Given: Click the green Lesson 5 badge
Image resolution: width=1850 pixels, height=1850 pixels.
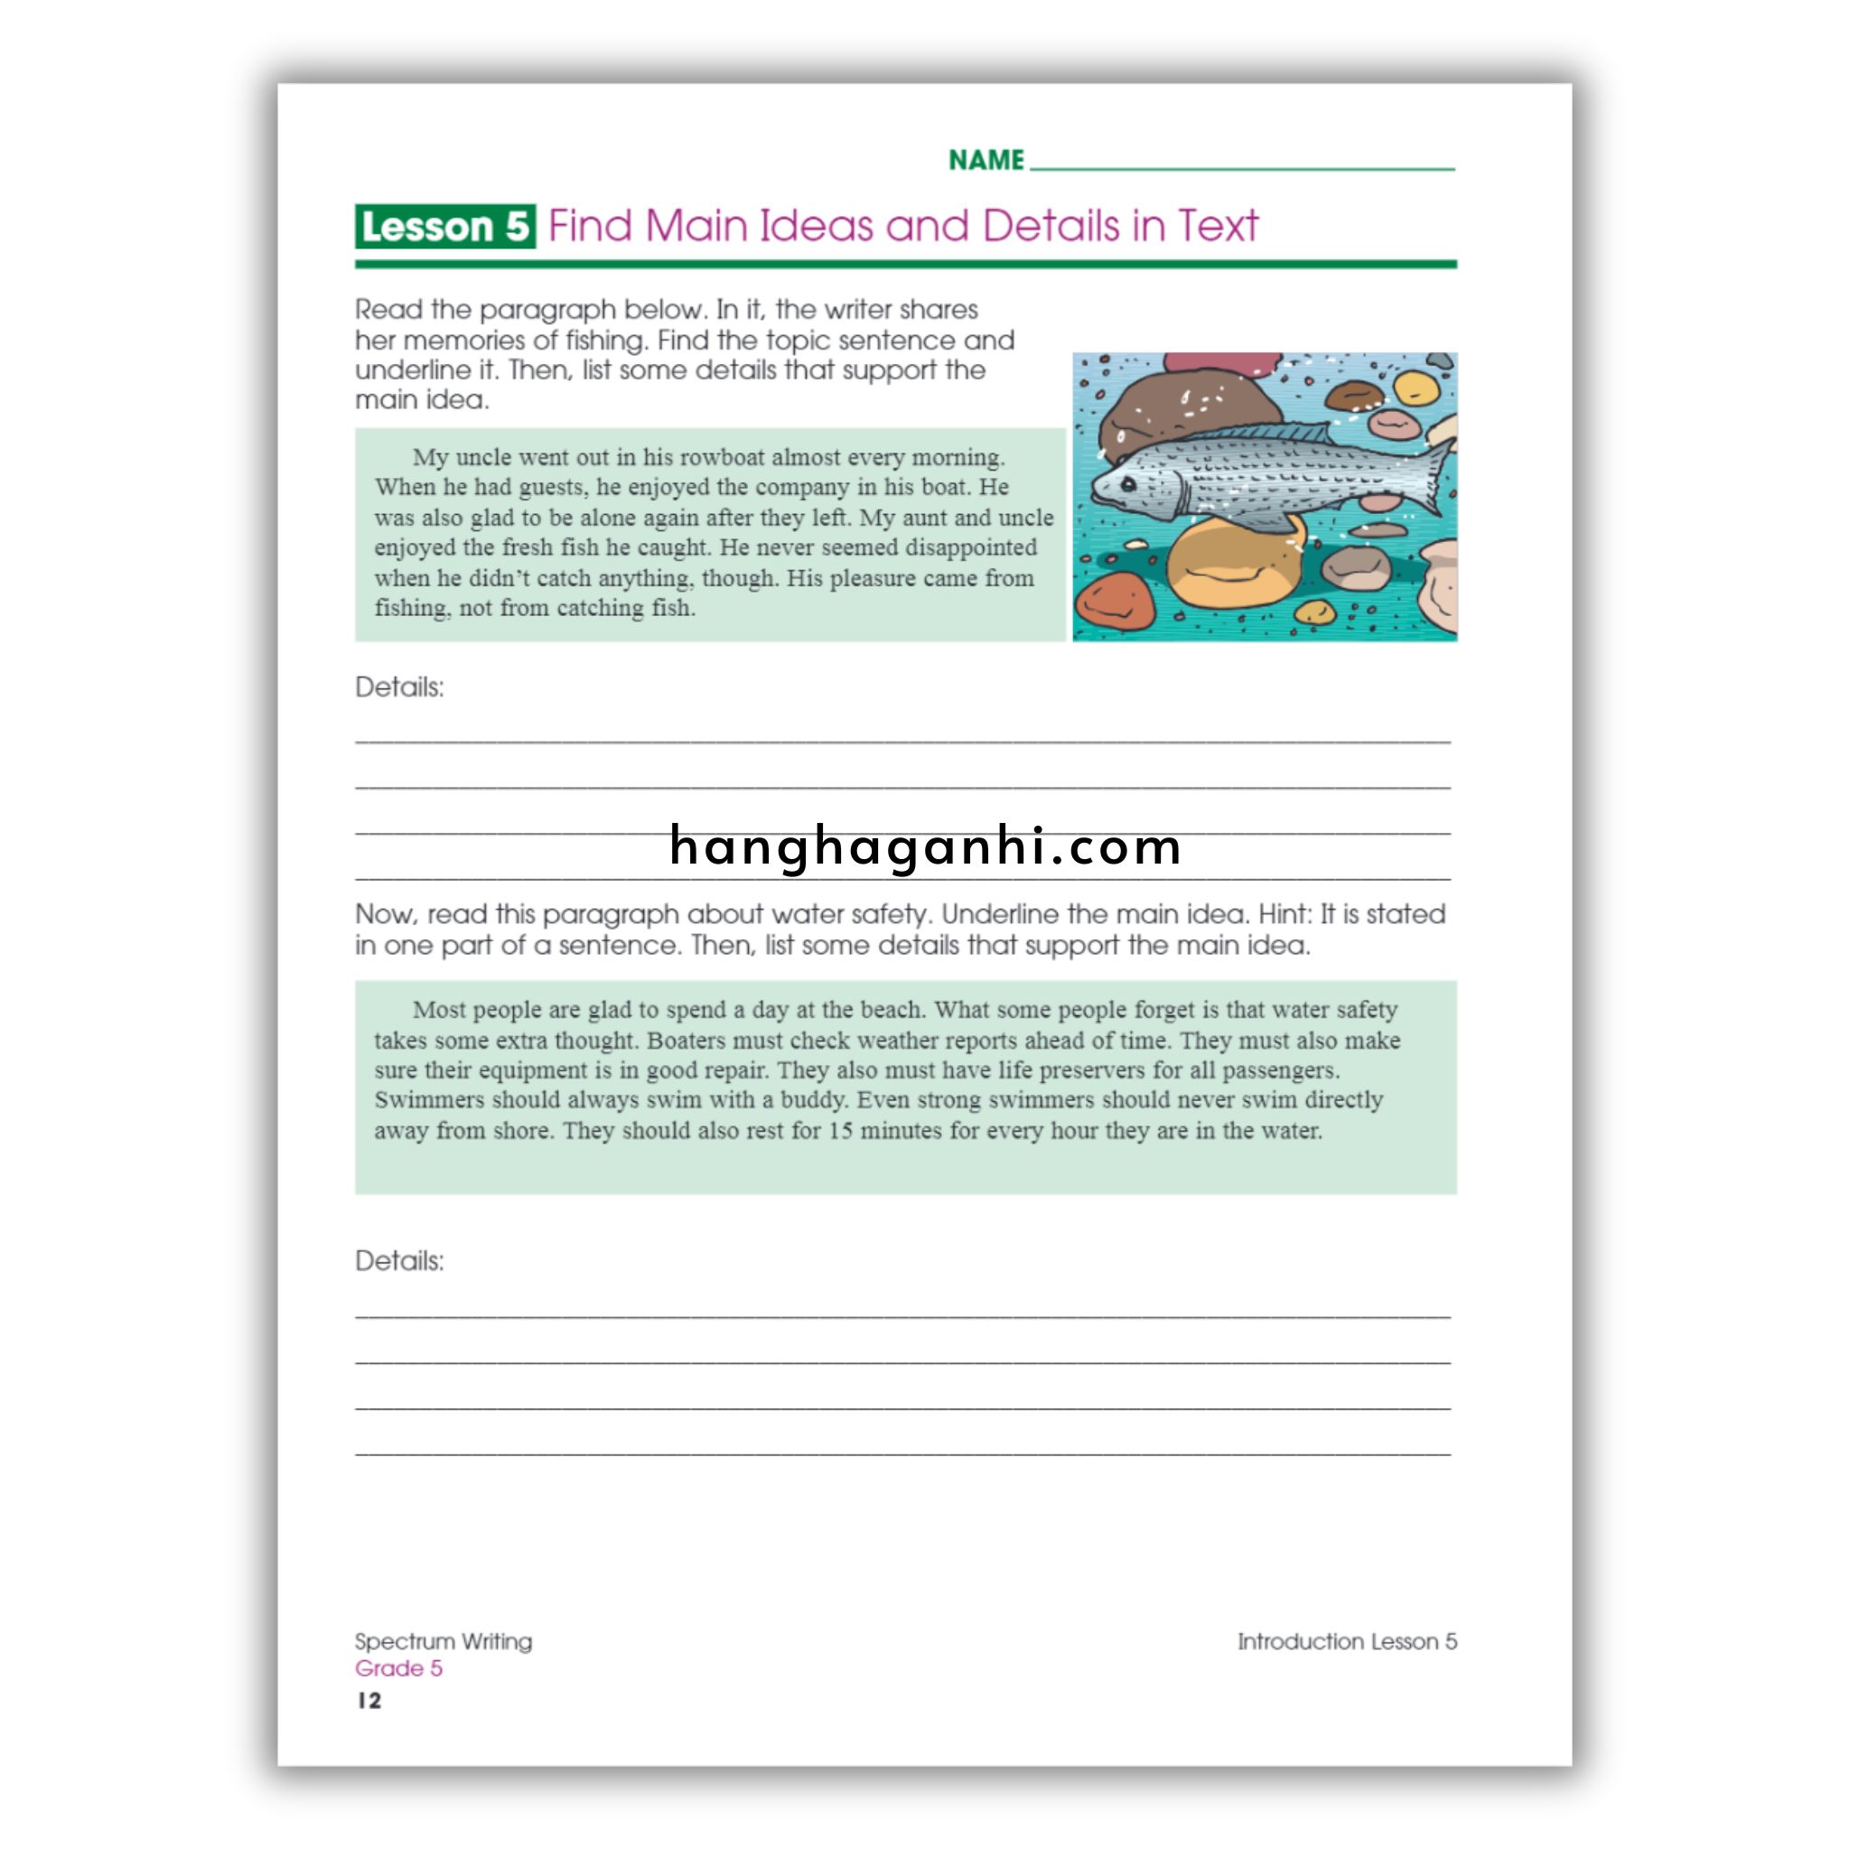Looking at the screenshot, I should [x=444, y=227].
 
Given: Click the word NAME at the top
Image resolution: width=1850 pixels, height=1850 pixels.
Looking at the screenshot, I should [x=986, y=160].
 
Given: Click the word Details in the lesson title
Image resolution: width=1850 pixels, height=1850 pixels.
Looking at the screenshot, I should [x=1050, y=227].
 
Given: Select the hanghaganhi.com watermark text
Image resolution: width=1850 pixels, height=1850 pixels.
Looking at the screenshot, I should [x=925, y=846].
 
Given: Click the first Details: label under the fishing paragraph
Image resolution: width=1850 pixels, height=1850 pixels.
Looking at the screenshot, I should [x=399, y=687].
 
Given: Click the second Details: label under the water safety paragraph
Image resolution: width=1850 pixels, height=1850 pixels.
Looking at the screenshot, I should [x=399, y=1261].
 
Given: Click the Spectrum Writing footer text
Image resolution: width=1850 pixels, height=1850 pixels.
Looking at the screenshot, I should [x=444, y=1641].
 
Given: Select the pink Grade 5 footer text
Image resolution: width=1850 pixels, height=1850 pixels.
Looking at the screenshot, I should [x=398, y=1669].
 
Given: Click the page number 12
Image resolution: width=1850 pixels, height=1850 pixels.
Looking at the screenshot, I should [x=369, y=1701].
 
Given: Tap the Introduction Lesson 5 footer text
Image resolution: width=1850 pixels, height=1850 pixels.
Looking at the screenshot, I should [x=1346, y=1641].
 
